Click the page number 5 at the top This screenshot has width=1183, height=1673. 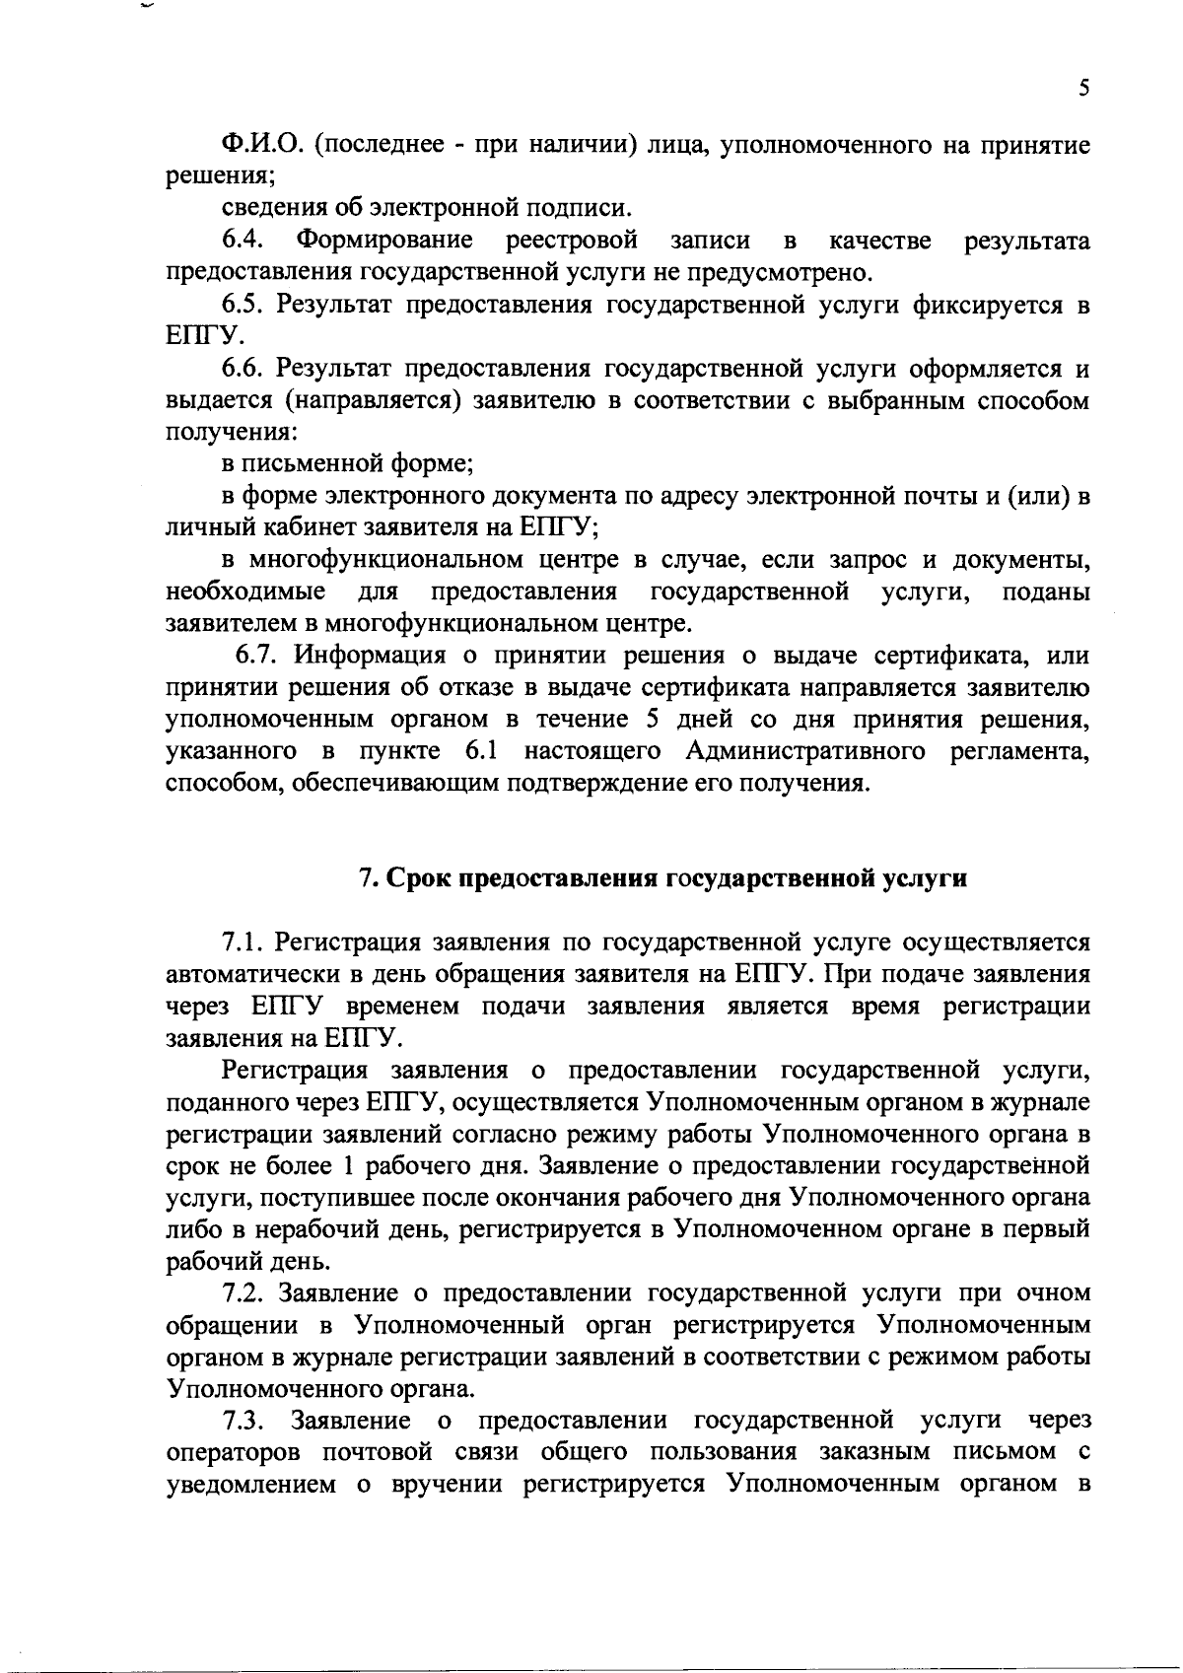(x=1083, y=89)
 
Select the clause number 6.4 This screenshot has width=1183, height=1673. (x=241, y=240)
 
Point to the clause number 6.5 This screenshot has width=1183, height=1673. (x=243, y=305)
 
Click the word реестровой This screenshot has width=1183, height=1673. (x=571, y=240)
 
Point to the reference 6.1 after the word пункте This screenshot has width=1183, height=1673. (x=482, y=751)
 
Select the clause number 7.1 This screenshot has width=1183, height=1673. (x=243, y=943)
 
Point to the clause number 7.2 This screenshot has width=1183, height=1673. (x=243, y=1292)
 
